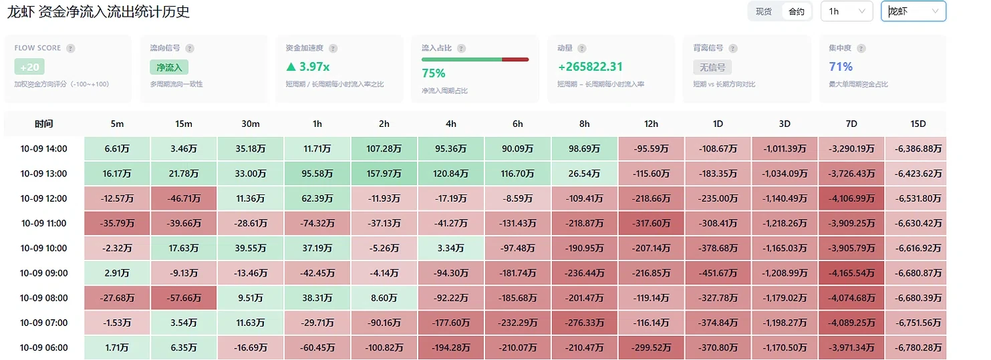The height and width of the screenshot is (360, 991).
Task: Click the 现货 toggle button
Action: (764, 11)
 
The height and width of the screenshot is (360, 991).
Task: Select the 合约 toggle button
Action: (797, 11)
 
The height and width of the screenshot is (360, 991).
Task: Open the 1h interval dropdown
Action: (847, 11)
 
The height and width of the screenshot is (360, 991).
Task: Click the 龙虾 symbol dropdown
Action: (913, 11)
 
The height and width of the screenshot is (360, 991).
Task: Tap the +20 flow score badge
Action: (29, 67)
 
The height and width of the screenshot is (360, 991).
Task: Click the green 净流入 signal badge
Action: (169, 67)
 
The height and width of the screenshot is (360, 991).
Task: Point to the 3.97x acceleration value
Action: (308, 67)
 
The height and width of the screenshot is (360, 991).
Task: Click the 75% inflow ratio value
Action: (433, 73)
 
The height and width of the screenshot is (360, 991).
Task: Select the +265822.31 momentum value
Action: (590, 67)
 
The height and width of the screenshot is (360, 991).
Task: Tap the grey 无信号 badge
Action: (712, 67)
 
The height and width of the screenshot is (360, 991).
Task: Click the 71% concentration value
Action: (841, 67)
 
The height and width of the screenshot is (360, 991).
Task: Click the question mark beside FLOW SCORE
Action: (70, 48)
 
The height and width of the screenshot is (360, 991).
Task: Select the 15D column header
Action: (918, 124)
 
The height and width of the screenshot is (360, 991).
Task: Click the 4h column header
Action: (451, 124)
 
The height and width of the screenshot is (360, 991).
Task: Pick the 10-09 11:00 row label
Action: (44, 223)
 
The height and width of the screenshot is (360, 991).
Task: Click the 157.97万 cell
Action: (384, 174)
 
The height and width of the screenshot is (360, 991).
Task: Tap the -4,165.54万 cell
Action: (851, 273)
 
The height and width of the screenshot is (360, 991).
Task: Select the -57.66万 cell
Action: (184, 298)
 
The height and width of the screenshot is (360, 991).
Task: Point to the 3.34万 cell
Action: (451, 248)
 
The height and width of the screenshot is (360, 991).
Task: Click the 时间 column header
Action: (44, 124)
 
